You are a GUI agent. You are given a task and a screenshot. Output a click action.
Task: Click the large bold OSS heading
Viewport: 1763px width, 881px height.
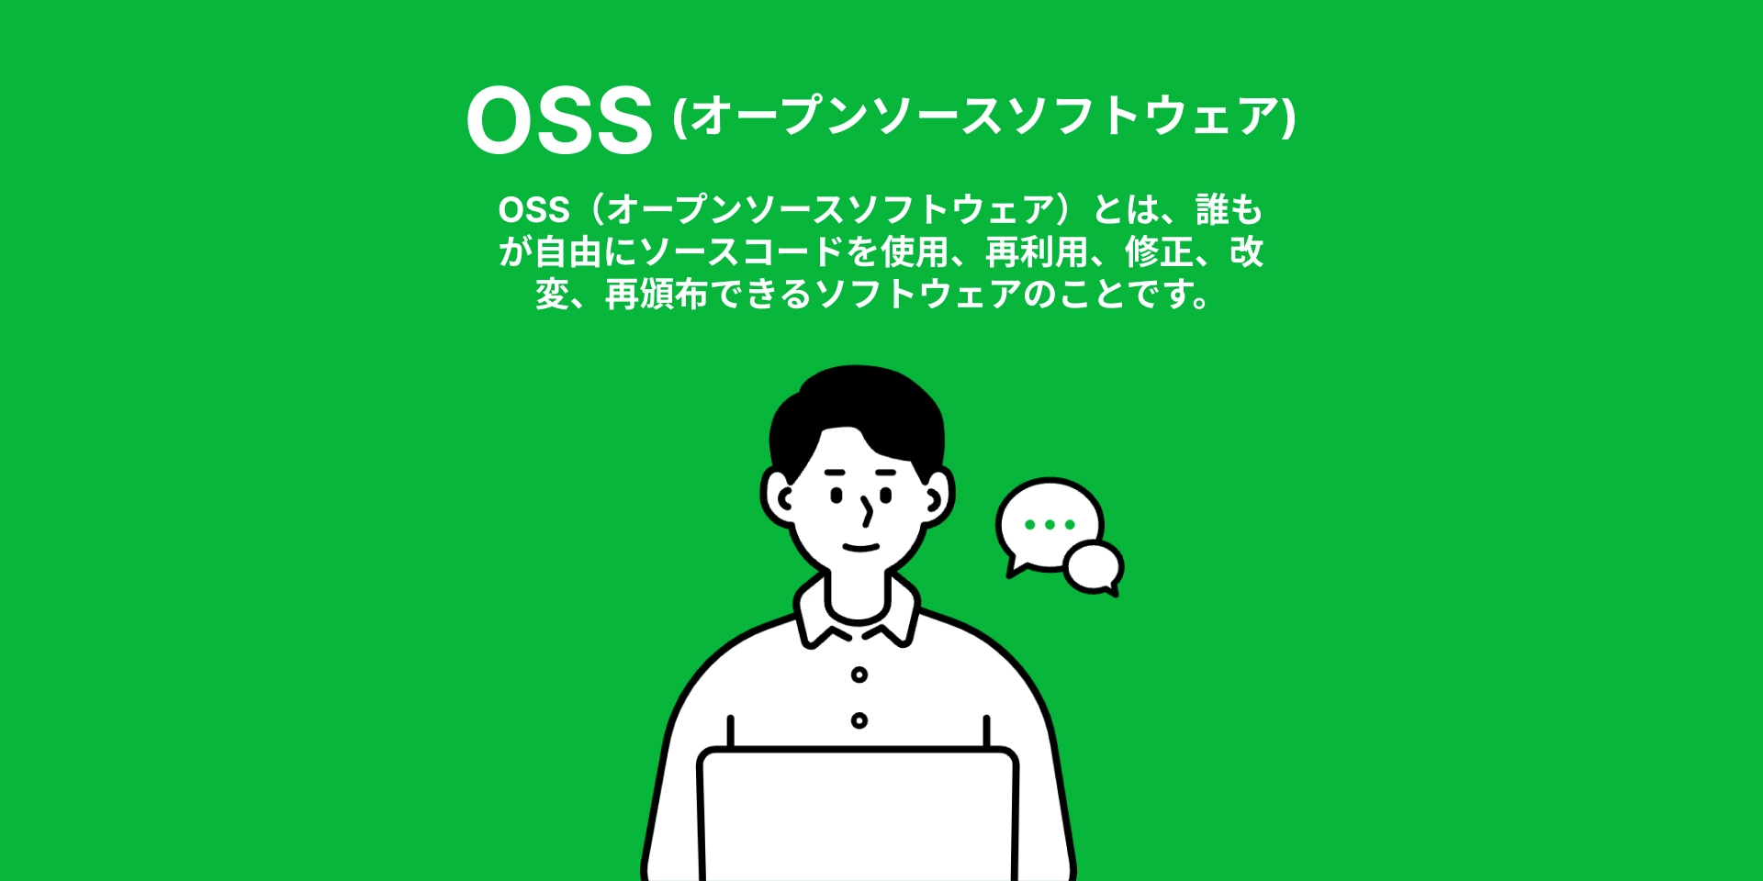[559, 119]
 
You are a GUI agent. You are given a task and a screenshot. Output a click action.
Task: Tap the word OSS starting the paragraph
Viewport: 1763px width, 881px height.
[533, 210]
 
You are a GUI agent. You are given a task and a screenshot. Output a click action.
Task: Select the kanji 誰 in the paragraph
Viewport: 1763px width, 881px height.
[1212, 210]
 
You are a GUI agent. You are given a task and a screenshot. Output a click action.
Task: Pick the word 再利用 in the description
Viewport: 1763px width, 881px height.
[1037, 252]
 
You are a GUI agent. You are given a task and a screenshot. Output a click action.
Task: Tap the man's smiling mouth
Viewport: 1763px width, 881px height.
[861, 548]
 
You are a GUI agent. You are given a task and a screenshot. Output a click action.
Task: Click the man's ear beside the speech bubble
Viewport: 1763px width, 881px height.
[938, 498]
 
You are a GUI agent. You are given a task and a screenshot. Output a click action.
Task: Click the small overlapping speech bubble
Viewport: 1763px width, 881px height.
[1094, 566]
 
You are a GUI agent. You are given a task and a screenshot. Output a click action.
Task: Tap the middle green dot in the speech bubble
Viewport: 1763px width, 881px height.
[1050, 525]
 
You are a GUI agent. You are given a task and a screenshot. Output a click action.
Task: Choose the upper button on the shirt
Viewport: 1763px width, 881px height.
[859, 675]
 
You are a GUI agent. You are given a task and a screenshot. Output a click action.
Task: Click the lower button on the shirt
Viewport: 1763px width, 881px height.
[859, 720]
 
